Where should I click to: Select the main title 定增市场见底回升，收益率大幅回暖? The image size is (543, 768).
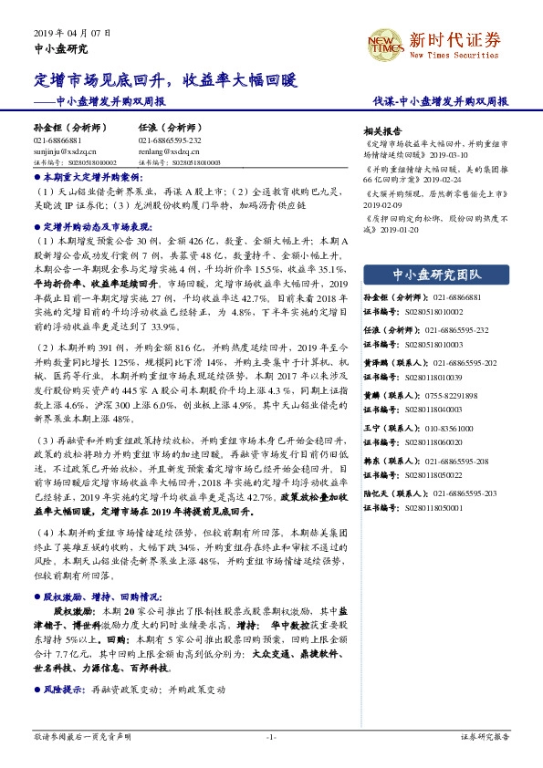[x=166, y=81]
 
